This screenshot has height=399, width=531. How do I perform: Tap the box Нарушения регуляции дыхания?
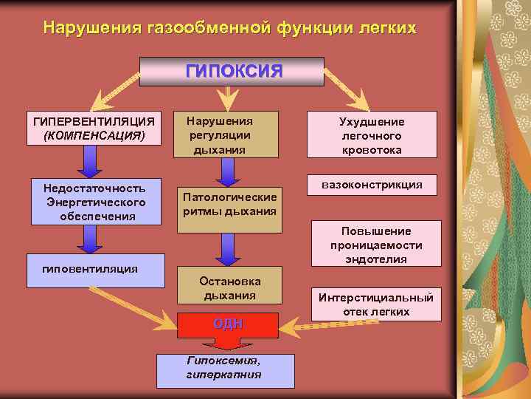tap(226, 134)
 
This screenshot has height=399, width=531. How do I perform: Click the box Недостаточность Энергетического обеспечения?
tap(96, 202)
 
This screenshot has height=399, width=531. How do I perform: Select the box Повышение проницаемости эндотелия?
tap(376, 245)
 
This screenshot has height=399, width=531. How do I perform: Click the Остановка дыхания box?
tap(229, 287)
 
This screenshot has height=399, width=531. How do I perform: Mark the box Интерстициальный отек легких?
tap(376, 304)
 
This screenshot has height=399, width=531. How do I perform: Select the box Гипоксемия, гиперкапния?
tap(225, 370)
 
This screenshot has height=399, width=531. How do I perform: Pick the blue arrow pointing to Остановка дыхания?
tap(229, 250)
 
